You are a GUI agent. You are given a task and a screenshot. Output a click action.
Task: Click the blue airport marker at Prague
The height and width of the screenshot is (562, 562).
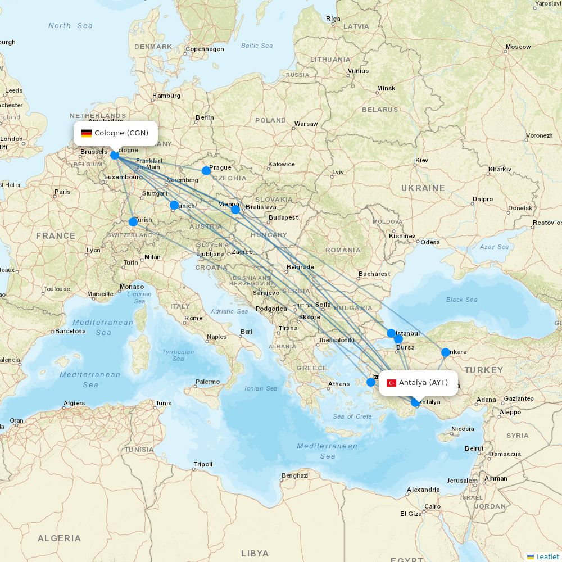pos(206,170)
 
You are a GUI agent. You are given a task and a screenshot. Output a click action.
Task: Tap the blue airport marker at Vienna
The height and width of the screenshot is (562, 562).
pos(235,210)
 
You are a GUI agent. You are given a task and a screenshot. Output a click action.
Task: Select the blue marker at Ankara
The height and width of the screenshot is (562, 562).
pos(446,352)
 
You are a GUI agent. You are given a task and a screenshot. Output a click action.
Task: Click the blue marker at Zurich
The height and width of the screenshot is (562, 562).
pos(133,222)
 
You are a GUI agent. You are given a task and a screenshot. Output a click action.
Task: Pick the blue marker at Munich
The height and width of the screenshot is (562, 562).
pos(174,205)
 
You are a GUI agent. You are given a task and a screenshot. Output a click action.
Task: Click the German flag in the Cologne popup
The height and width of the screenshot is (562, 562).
pos(87,133)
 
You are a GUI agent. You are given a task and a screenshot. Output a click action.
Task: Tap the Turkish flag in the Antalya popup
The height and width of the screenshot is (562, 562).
pos(391,383)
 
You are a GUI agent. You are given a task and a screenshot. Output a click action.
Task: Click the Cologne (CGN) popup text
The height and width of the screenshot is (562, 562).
pos(121,133)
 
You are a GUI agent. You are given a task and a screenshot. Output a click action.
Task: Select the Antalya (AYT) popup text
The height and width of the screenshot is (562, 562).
pos(423,383)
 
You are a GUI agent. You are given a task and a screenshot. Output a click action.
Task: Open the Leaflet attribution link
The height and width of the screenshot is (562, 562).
pos(547,556)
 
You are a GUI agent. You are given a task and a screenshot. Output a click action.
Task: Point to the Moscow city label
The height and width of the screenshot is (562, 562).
pos(518,47)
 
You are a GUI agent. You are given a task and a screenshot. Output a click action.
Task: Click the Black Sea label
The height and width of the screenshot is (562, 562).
pos(462,300)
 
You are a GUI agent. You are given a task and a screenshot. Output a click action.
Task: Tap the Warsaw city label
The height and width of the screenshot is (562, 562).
pos(306,124)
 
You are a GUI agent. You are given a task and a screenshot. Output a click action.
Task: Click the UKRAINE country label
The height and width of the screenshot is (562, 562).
pos(423,188)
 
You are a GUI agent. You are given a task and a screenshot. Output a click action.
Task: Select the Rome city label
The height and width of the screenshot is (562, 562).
pos(193,318)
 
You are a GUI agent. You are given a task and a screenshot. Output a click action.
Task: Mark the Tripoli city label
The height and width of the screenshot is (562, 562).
pos(203,464)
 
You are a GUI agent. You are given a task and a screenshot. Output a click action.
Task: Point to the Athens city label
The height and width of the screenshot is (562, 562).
pos(339,384)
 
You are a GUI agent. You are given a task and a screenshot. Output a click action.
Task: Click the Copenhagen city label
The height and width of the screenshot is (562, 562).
pos(205,49)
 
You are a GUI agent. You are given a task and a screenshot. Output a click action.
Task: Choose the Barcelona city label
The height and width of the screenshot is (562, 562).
pos(70,331)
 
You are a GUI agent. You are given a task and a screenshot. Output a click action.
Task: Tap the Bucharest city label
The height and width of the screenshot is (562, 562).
pos(374,274)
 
